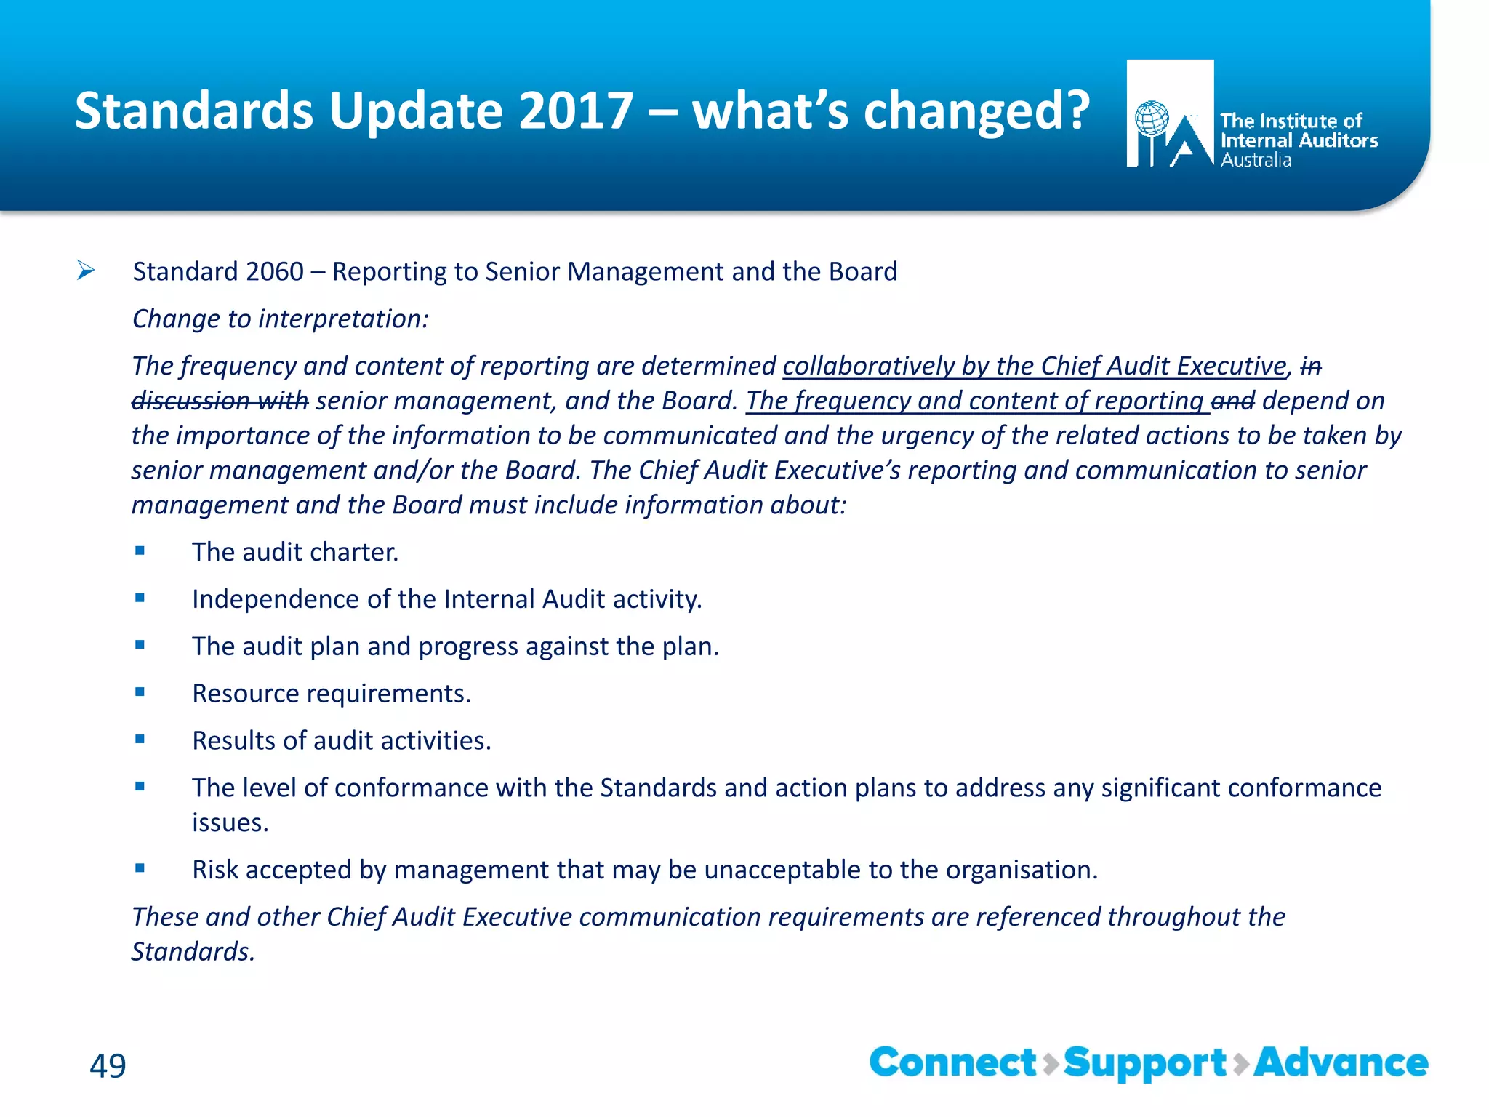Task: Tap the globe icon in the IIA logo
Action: pyautogui.click(x=1152, y=119)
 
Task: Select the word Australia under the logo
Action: pyautogui.click(x=1256, y=160)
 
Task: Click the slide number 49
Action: pyautogui.click(x=108, y=1066)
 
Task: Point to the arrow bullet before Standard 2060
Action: pyautogui.click(x=86, y=271)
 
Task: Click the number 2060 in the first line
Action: pyautogui.click(x=274, y=272)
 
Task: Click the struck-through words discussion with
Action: pyautogui.click(x=220, y=401)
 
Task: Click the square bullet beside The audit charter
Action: pyautogui.click(x=140, y=551)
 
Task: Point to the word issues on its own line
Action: pyautogui.click(x=230, y=823)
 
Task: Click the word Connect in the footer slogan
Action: pyautogui.click(x=952, y=1063)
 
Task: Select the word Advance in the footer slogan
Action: pyautogui.click(x=1341, y=1063)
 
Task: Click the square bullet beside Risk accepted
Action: pyautogui.click(x=140, y=868)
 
